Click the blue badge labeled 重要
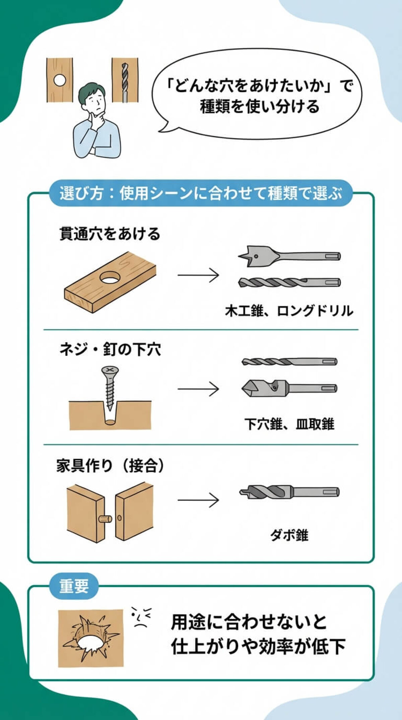pyautogui.click(x=74, y=586)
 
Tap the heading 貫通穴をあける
pyautogui.click(x=110, y=234)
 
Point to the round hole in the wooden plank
pyautogui.click(x=111, y=278)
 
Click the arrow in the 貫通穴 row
pyautogui.click(x=198, y=275)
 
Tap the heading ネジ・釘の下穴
pyautogui.click(x=110, y=350)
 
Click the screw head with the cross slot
pyautogui.click(x=110, y=370)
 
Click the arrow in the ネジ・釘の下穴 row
pyautogui.click(x=198, y=389)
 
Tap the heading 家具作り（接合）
pyautogui.click(x=110, y=466)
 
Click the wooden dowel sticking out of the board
pyautogui.click(x=105, y=519)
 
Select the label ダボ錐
pyautogui.click(x=289, y=535)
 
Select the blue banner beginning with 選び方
pyautogui.click(x=201, y=193)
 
